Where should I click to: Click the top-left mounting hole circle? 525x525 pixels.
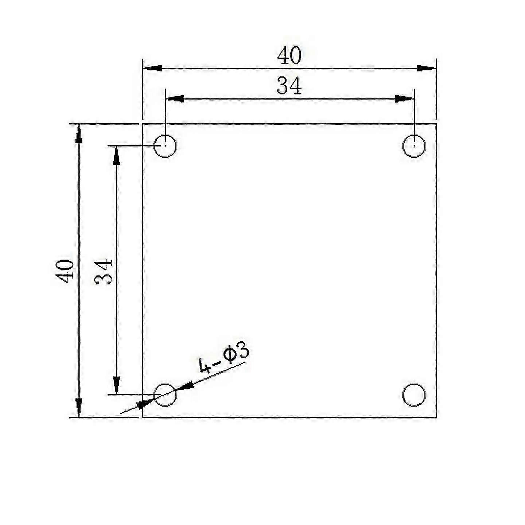tap(165, 145)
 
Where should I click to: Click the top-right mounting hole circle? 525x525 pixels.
tap(414, 145)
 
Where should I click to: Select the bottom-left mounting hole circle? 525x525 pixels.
tap(165, 395)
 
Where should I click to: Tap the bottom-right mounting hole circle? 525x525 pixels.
tap(414, 395)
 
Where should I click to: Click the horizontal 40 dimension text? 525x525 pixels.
tap(289, 56)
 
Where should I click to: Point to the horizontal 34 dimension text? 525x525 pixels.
tap(289, 86)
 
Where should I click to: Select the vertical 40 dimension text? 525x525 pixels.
tap(65, 271)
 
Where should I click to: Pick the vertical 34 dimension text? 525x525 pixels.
tap(104, 272)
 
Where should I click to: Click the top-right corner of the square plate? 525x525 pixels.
tap(436, 124)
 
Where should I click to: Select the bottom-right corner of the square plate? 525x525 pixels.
tap(436, 417)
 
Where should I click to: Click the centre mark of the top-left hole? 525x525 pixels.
tap(165, 145)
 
